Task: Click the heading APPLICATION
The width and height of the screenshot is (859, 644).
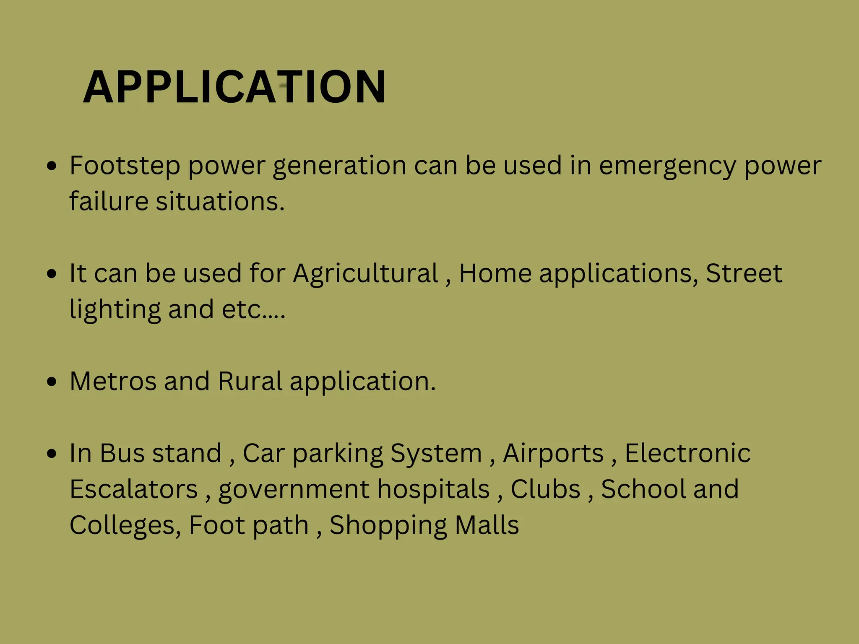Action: [234, 87]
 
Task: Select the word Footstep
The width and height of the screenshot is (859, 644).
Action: [125, 166]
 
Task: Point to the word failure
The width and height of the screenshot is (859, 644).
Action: [109, 201]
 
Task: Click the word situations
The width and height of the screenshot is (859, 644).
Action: [220, 201]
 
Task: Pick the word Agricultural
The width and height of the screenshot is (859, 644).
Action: [366, 274]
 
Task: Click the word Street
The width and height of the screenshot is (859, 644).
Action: [744, 273]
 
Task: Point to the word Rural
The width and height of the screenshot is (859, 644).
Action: [250, 382]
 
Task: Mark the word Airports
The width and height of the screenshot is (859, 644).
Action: [553, 453]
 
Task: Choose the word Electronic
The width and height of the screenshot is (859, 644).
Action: [687, 453]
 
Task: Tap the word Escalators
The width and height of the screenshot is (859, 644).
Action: [133, 489]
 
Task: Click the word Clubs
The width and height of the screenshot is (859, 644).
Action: [545, 489]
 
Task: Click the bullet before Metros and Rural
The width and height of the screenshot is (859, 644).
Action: [52, 382]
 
